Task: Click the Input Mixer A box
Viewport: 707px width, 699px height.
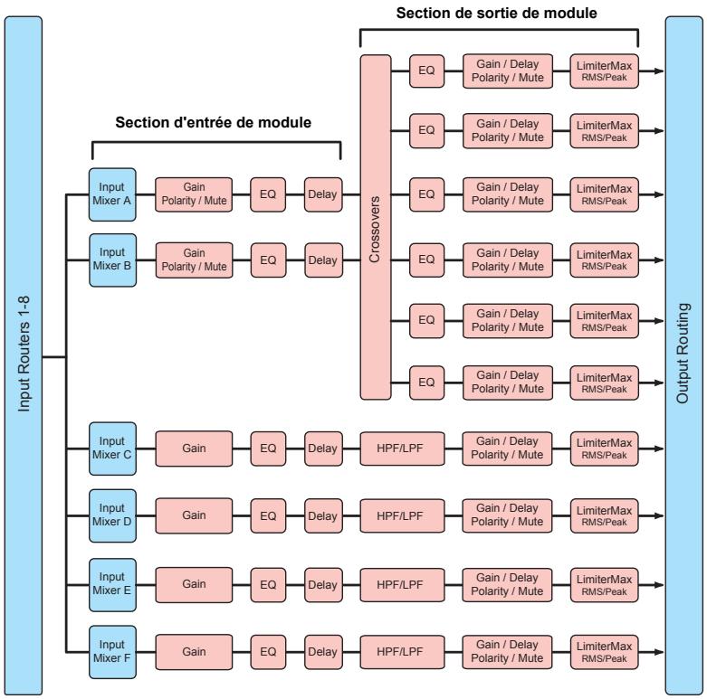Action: pyautogui.click(x=112, y=194)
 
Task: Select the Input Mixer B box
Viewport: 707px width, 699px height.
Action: pyautogui.click(x=113, y=260)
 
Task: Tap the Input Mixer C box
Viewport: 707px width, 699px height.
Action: pyautogui.click(x=112, y=449)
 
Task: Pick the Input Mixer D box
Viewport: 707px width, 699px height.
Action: pyautogui.click(x=112, y=515)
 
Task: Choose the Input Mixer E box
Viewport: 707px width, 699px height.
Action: pyautogui.click(x=112, y=585)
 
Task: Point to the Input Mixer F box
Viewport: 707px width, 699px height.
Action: pyautogui.click(x=112, y=652)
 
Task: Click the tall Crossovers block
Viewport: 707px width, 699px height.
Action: pyautogui.click(x=376, y=227)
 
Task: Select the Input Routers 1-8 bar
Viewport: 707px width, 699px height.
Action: pyautogui.click(x=24, y=355)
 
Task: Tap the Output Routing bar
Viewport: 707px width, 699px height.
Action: pyautogui.click(x=684, y=355)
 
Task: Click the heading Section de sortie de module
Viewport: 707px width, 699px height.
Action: pyautogui.click(x=496, y=13)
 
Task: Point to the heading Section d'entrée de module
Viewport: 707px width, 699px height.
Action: pyautogui.click(x=214, y=122)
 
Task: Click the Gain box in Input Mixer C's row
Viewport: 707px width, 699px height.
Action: pyautogui.click(x=194, y=449)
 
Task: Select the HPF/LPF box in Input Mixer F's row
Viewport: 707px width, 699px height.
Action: pyautogui.click(x=402, y=652)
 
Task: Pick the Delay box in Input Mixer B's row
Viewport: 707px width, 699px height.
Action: pyautogui.click(x=323, y=260)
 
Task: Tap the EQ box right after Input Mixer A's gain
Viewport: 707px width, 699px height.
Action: pyautogui.click(x=268, y=194)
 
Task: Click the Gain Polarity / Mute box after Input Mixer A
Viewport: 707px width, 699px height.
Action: pyautogui.click(x=194, y=194)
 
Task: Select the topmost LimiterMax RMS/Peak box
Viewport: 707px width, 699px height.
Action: pyautogui.click(x=604, y=71)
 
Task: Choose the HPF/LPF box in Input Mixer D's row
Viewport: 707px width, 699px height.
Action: pyautogui.click(x=402, y=515)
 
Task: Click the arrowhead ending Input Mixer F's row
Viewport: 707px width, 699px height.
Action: pyautogui.click(x=659, y=652)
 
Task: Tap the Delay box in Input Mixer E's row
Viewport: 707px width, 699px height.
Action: pyautogui.click(x=323, y=585)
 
